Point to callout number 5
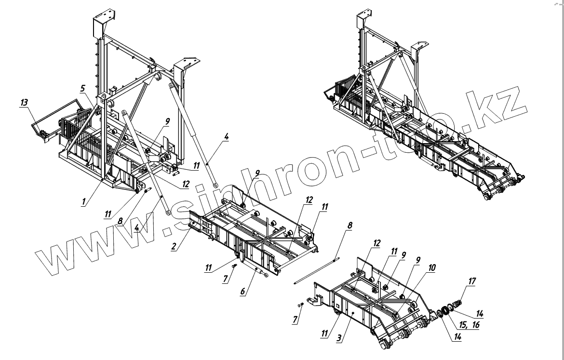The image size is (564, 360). coord(82,88)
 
